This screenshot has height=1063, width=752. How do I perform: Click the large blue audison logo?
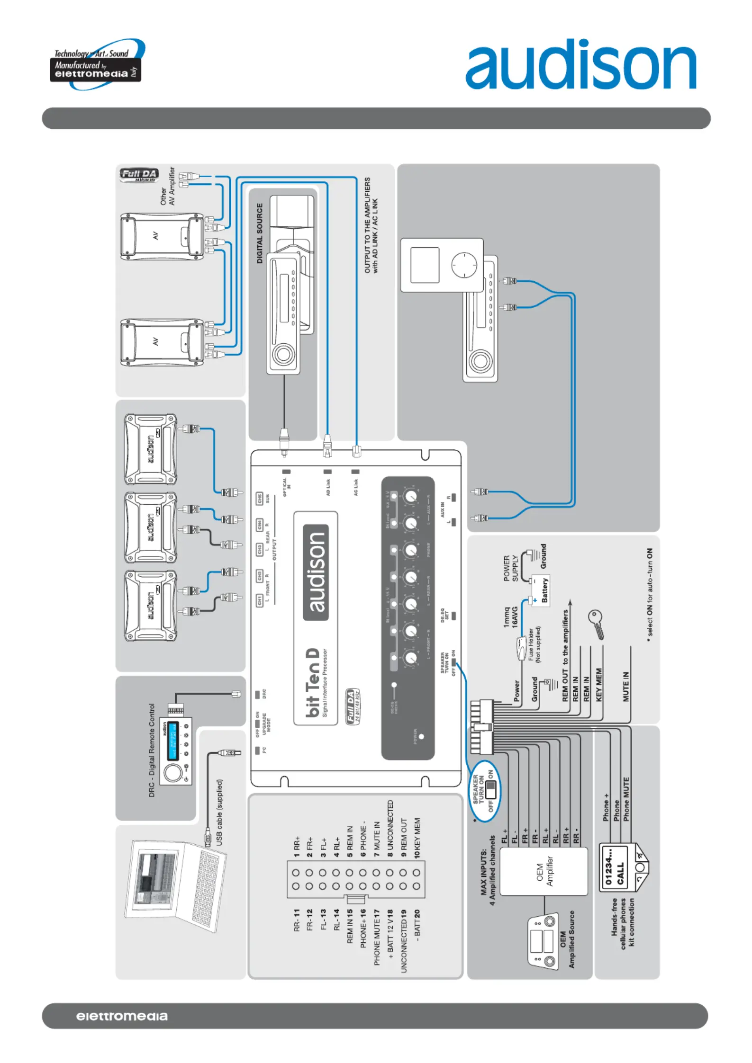click(580, 64)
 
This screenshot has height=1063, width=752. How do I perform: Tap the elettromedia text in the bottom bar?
click(122, 1016)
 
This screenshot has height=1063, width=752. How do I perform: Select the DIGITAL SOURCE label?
click(259, 233)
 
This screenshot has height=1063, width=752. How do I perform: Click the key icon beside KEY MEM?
click(596, 623)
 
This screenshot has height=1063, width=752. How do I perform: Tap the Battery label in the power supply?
click(544, 590)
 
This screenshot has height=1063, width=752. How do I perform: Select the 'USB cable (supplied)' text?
click(219, 812)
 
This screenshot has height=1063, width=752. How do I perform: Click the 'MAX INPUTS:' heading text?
click(484, 871)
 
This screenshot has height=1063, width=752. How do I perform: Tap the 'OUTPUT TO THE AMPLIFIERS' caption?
click(367, 225)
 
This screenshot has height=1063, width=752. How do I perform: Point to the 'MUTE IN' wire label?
click(625, 686)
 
